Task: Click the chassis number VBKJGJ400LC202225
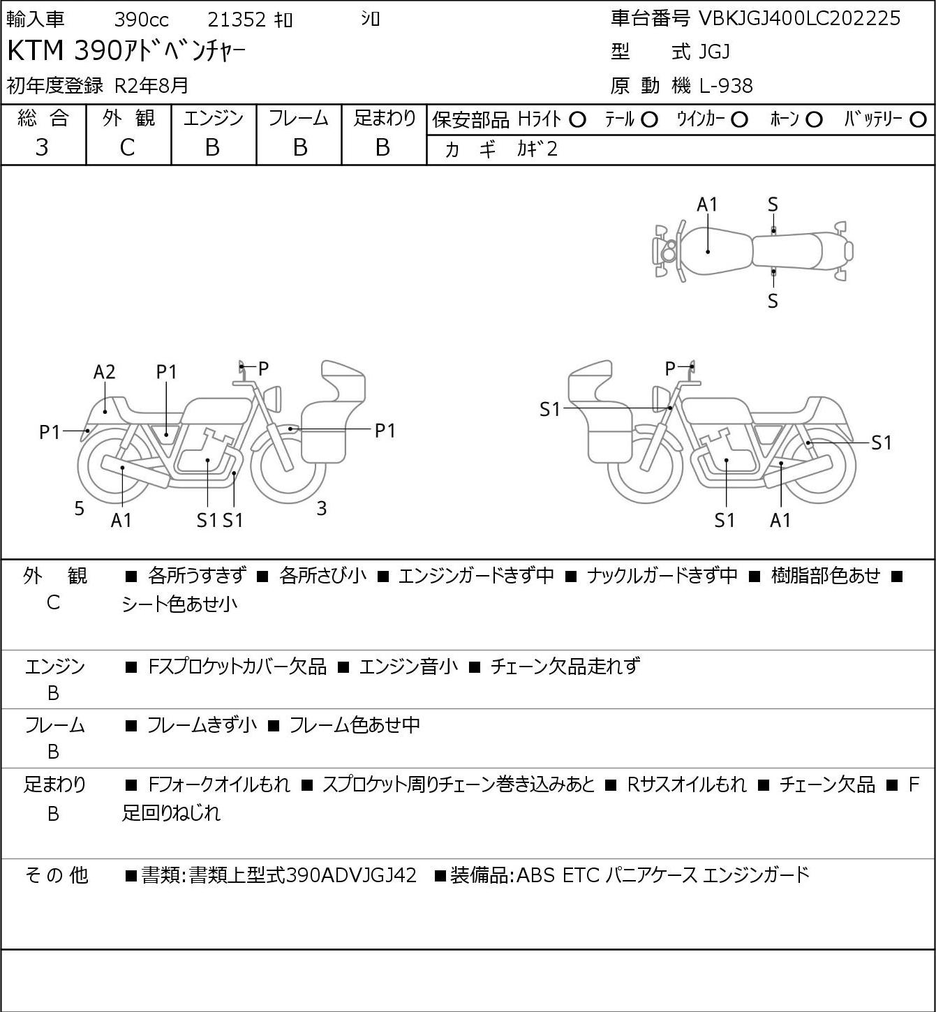point(799,19)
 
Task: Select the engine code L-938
point(726,86)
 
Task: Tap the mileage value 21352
point(237,20)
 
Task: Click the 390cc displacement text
point(141,20)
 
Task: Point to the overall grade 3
point(42,147)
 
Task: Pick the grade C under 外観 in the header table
point(127,148)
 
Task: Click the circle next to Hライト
point(577,120)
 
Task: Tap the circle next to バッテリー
point(918,120)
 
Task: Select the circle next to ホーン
point(814,120)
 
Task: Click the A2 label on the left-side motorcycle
point(104,372)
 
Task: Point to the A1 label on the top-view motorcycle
point(707,204)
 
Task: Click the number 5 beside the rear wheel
point(79,508)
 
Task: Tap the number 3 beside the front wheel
point(321,508)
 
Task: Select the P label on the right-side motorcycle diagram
point(670,368)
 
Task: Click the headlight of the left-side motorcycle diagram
point(275,399)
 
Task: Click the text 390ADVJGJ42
point(351,875)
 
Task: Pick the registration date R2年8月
point(151,85)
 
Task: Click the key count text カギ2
point(537,149)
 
